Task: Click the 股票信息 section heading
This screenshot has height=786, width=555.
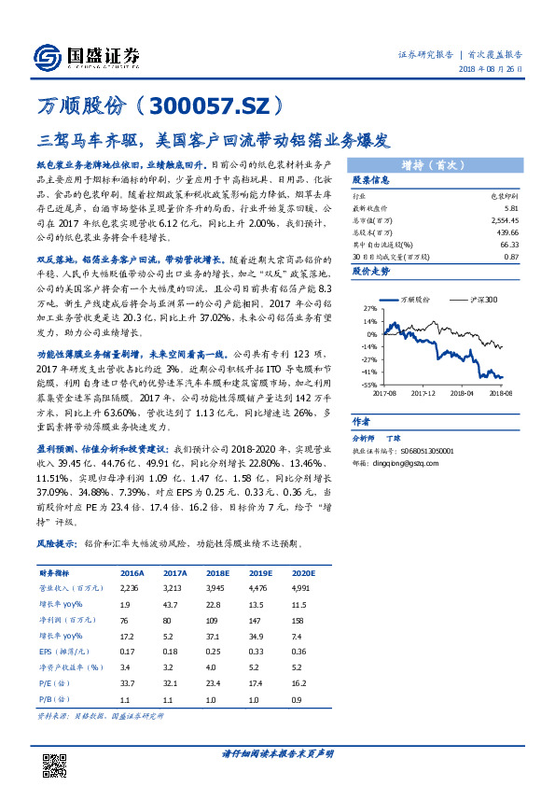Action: coord(369,180)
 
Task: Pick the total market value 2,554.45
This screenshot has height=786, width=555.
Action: coord(504,218)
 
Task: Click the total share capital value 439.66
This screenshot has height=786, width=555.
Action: coord(507,231)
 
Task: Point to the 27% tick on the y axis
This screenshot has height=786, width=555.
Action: coord(370,306)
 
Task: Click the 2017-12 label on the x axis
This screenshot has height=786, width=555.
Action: coord(425,393)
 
